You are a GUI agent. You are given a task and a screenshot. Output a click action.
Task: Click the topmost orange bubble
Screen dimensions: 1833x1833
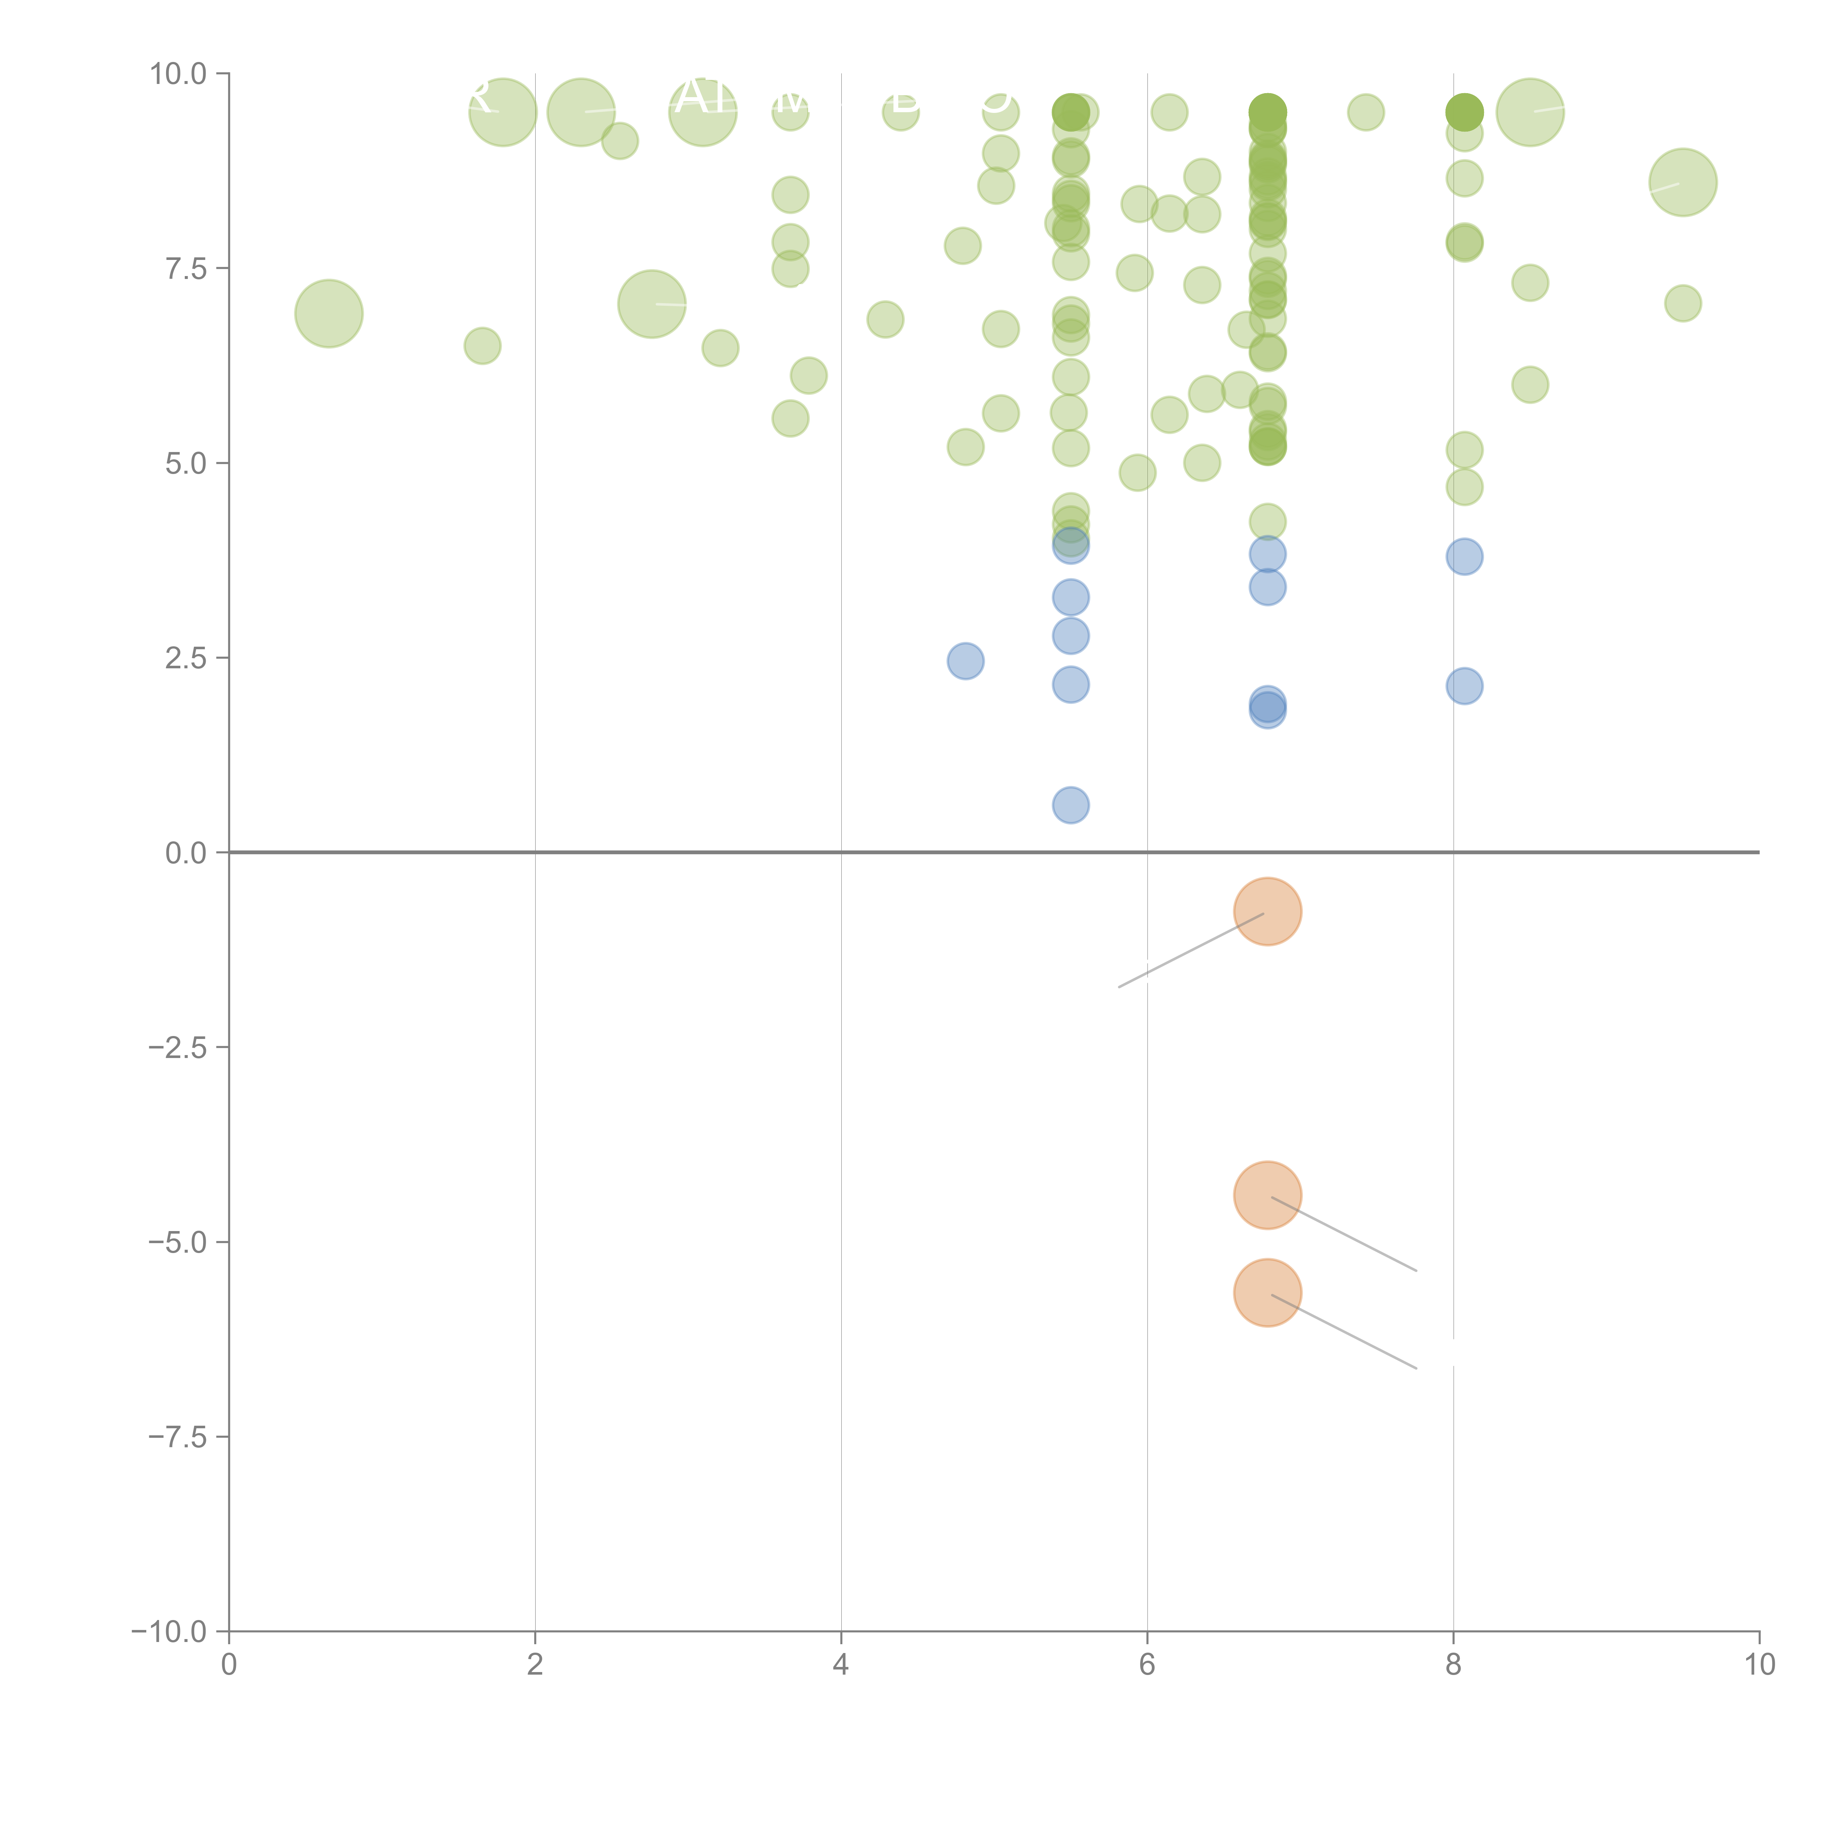coord(1268,912)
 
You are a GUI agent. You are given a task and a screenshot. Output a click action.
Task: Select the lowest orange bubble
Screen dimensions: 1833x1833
coord(1268,1293)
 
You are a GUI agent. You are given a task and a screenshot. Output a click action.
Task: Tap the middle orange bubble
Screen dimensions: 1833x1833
coord(1268,1195)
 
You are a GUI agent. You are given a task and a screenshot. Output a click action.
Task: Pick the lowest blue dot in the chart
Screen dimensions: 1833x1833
coord(1070,805)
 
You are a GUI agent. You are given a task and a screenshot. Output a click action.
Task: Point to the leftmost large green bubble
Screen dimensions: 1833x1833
coord(328,313)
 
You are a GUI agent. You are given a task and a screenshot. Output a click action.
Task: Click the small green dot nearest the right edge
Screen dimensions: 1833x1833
coord(1682,304)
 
